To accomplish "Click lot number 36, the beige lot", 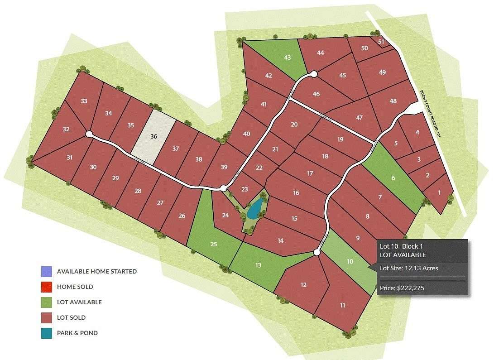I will (x=154, y=136).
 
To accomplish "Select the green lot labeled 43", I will (x=287, y=58).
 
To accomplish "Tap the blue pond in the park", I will (x=254, y=209).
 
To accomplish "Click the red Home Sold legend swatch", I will (x=46, y=287).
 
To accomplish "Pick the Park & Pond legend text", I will (x=77, y=333).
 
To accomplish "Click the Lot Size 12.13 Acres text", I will (x=409, y=268).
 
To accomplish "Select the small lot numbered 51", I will (x=381, y=42).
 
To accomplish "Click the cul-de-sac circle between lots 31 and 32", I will (x=89, y=134).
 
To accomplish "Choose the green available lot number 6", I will (x=393, y=178).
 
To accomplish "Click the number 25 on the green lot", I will (x=214, y=244).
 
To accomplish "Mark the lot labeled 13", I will (x=258, y=265).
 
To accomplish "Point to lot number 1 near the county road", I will (x=439, y=192).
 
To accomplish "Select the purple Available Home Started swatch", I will (x=46, y=271).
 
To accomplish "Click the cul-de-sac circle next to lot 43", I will (x=313, y=74).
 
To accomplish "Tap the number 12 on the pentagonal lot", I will (x=303, y=285).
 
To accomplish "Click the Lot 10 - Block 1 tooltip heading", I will (x=401, y=246).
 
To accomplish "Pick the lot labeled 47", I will (x=360, y=118).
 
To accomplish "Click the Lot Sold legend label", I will (x=71, y=317).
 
